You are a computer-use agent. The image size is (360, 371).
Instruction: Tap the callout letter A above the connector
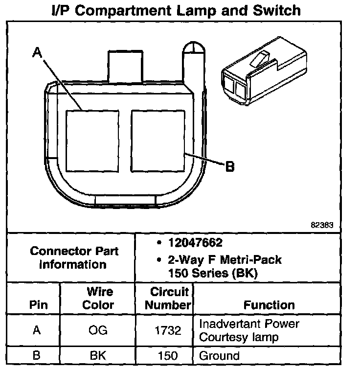(37, 52)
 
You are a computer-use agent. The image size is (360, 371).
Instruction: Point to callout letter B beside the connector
(229, 167)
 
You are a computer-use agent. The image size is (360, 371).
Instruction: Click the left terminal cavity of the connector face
(92, 140)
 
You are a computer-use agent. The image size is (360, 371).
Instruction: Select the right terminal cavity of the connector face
(157, 140)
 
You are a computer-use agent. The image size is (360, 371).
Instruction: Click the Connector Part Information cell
(74, 257)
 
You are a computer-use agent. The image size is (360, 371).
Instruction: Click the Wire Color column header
(100, 298)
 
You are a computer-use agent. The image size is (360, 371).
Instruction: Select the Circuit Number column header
(169, 299)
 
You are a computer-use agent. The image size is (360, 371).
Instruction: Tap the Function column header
(269, 305)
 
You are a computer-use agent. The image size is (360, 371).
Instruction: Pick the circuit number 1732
(169, 330)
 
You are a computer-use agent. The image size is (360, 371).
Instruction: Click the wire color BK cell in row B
(99, 355)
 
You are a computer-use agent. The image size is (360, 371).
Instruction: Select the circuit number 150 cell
(169, 355)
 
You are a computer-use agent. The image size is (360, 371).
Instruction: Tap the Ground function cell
(219, 355)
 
